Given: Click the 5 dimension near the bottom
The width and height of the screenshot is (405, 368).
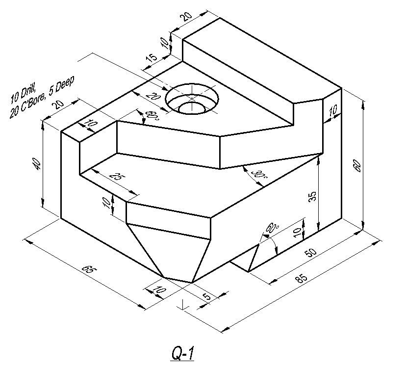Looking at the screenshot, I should point(206,296).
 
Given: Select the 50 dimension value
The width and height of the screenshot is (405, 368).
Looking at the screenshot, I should point(311,253).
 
